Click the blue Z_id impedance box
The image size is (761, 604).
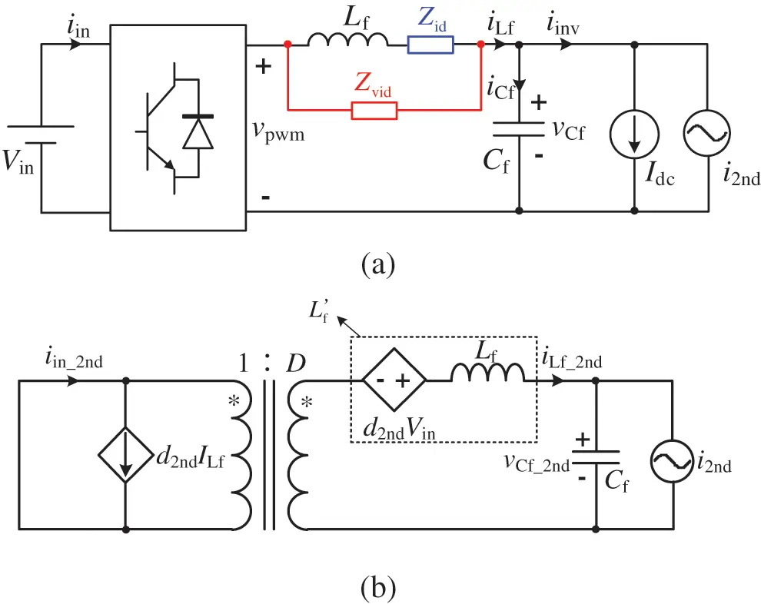(x=430, y=45)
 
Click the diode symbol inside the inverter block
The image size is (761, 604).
(x=197, y=132)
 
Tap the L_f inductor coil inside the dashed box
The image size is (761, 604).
(x=487, y=373)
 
